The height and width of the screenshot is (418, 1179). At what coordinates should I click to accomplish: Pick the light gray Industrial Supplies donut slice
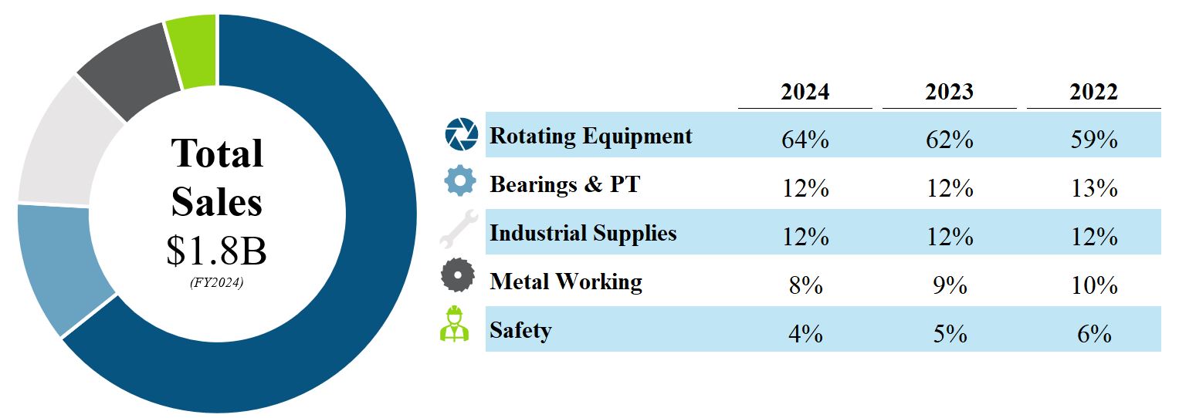(x=58, y=147)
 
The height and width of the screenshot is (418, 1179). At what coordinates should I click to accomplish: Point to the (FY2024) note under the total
(x=217, y=283)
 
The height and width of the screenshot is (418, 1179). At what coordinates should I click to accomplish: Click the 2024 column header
(x=805, y=92)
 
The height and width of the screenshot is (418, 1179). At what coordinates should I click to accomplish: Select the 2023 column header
(x=949, y=92)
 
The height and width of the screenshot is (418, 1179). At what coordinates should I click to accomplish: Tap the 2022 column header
(x=1093, y=92)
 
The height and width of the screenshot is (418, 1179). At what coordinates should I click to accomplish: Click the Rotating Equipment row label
(x=591, y=137)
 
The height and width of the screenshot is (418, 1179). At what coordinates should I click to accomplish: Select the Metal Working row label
(x=565, y=281)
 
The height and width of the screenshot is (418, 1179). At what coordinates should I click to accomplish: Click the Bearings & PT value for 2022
(x=1093, y=188)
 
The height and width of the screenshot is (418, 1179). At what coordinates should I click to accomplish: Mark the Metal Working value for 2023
(x=949, y=285)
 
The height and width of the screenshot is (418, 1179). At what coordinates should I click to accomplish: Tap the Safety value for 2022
(x=1093, y=333)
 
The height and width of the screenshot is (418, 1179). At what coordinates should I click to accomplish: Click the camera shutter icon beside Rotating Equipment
(x=462, y=134)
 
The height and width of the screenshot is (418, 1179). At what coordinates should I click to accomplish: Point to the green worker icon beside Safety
(x=455, y=324)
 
